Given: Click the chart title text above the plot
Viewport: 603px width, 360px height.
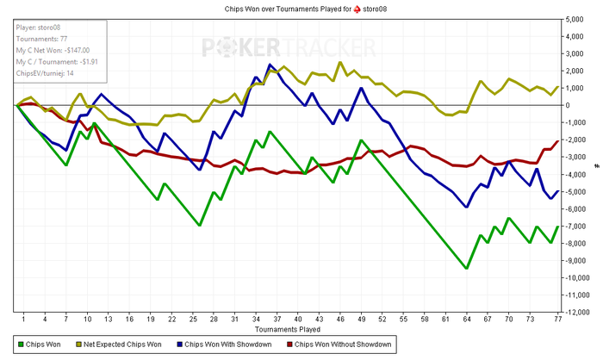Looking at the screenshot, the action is [x=306, y=9].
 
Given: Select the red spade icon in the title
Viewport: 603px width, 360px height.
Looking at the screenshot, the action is [x=357, y=9].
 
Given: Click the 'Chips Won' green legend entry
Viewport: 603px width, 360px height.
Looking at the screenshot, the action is [x=40, y=344].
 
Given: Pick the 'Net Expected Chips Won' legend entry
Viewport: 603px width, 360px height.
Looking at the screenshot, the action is [x=119, y=344].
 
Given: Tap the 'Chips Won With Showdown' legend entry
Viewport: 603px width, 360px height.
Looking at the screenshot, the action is [x=224, y=344].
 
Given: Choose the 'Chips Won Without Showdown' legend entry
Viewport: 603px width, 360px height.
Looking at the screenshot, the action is [x=339, y=344].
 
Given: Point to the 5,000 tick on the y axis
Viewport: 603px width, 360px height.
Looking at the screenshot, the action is [x=575, y=19].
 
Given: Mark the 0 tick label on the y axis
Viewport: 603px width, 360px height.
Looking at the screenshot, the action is [x=568, y=105].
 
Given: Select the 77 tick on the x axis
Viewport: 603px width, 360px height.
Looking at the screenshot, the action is [x=557, y=319].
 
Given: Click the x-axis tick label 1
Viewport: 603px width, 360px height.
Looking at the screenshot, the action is [x=23, y=319].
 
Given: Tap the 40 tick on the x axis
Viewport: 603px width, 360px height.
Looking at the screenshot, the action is [x=298, y=319].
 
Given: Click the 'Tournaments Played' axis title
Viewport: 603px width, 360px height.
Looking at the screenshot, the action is [x=287, y=329].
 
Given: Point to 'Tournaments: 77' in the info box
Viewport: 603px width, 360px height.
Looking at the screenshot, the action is [x=41, y=39].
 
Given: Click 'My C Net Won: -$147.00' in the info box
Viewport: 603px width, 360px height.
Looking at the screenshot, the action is [x=53, y=51].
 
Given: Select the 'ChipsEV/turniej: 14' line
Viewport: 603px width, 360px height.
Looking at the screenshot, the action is [x=45, y=73].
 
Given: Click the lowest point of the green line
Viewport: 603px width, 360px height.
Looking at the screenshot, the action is [x=467, y=268].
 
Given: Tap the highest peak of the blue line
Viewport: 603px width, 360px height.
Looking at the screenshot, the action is [x=270, y=65].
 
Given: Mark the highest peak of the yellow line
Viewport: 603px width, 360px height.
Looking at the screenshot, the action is [x=340, y=62].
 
